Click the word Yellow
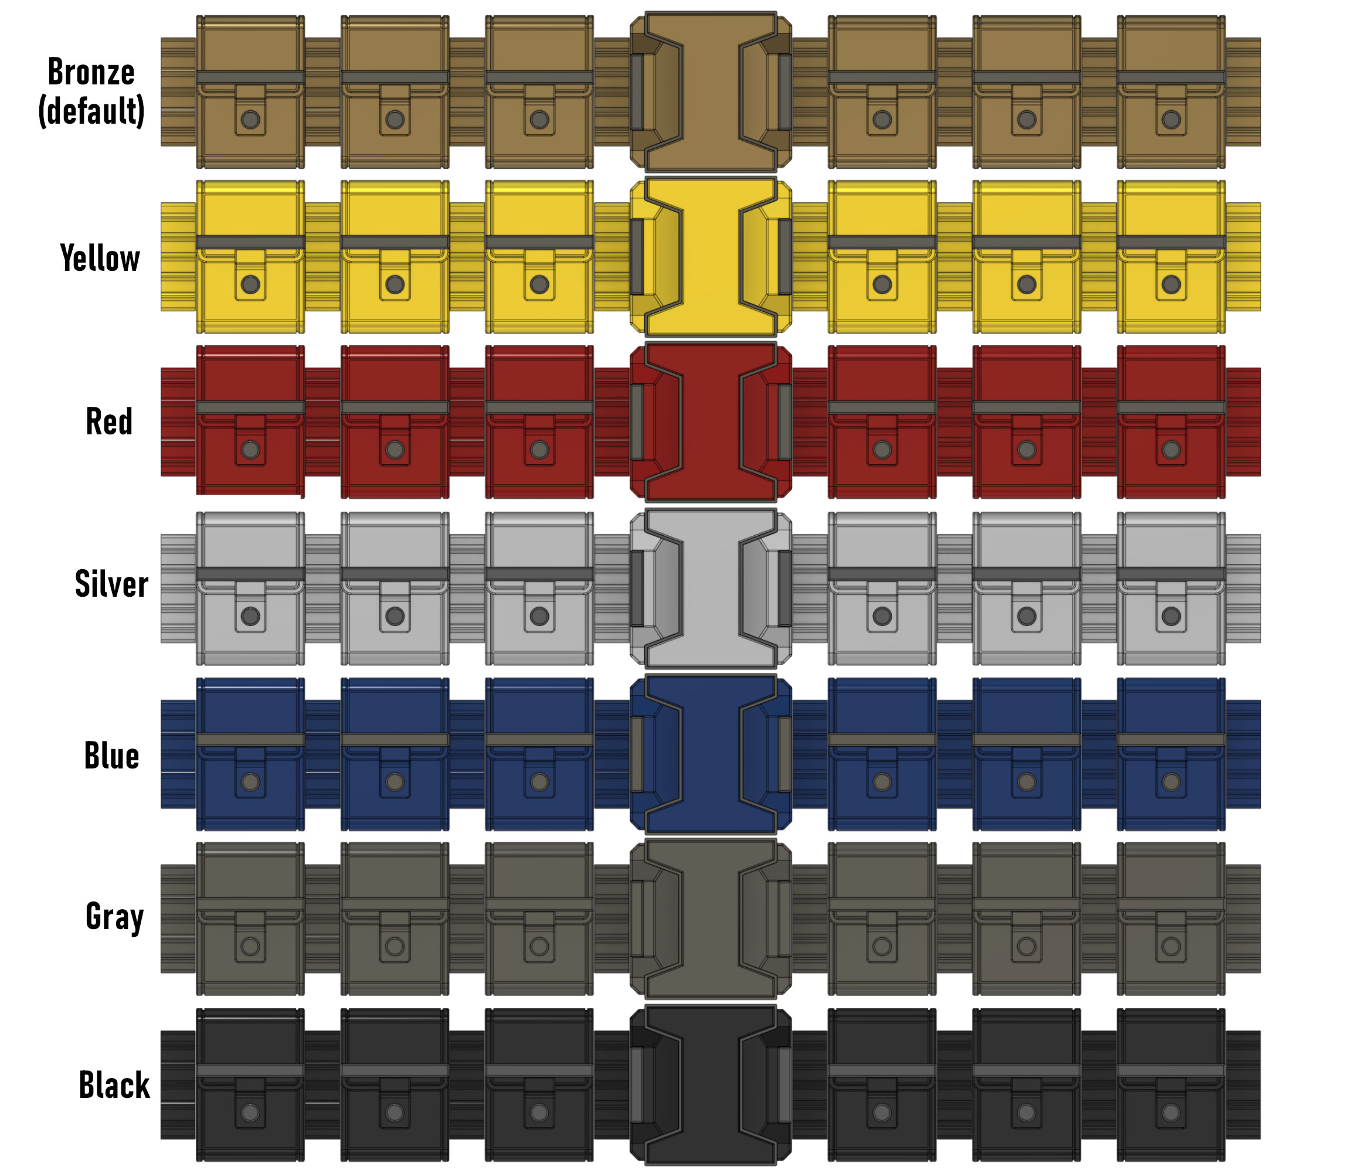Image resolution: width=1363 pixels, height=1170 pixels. tap(100, 257)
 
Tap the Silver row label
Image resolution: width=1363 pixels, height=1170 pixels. tap(112, 583)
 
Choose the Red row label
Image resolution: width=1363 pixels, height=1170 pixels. tap(109, 421)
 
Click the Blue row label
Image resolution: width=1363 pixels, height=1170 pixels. tap(112, 755)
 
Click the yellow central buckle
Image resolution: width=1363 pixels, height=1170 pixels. tap(711, 257)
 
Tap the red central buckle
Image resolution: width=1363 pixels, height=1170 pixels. tap(711, 422)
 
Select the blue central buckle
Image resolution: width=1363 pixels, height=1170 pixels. tap(711, 754)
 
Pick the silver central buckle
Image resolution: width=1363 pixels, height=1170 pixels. tap(711, 589)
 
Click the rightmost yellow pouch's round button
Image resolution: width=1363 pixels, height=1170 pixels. tap(1171, 284)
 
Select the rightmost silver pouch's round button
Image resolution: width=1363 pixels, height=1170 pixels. tap(1171, 616)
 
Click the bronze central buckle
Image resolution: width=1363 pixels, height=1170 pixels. tap(711, 91)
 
